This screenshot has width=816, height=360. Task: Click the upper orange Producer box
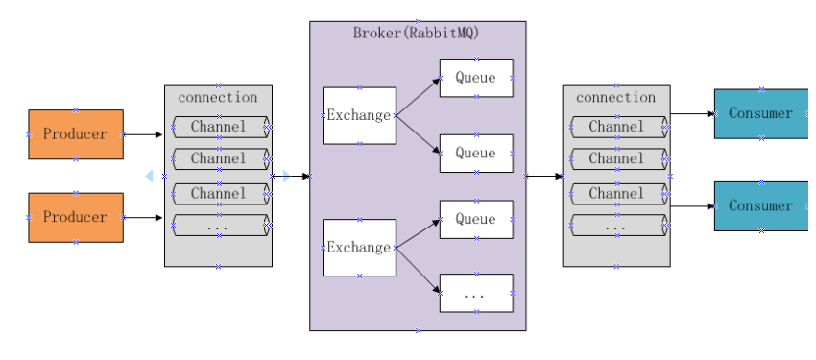[75, 134]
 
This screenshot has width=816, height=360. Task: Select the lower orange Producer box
[75, 217]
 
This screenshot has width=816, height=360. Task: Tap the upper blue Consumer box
[761, 113]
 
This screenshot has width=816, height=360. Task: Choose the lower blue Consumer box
[761, 205]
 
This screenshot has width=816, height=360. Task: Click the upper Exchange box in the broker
[359, 115]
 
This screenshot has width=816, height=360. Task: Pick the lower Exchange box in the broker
[359, 247]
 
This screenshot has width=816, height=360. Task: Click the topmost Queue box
[475, 78]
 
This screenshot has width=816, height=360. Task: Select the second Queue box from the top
[475, 153]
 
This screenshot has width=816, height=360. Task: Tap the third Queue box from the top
[475, 219]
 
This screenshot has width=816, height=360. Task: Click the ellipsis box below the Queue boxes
[475, 293]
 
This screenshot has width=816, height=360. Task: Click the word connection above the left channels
[218, 97]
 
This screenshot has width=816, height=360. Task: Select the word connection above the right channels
[615, 97]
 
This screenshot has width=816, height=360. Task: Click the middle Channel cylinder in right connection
[616, 158]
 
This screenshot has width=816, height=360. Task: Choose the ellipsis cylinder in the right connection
[616, 227]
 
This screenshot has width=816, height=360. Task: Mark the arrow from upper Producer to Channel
[143, 135]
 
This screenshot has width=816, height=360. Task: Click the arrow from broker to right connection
[543, 176]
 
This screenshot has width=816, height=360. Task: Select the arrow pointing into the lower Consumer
[692, 205]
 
